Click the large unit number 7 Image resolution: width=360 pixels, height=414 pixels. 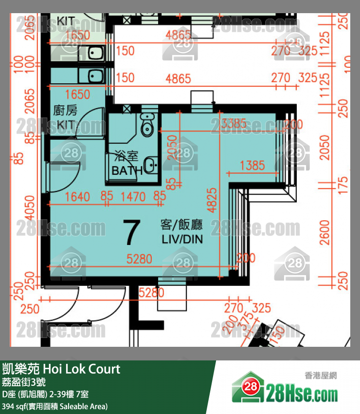tap(132, 233)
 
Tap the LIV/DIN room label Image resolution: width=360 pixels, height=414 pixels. tap(181, 240)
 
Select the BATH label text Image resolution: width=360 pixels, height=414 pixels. tap(126, 170)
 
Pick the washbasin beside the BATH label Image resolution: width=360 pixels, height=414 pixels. tap(152, 166)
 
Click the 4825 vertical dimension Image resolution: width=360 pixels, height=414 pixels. tap(211, 201)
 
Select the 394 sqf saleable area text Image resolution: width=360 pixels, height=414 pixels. tap(54, 406)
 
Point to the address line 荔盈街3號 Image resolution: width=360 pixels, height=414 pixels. tap(23, 382)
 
